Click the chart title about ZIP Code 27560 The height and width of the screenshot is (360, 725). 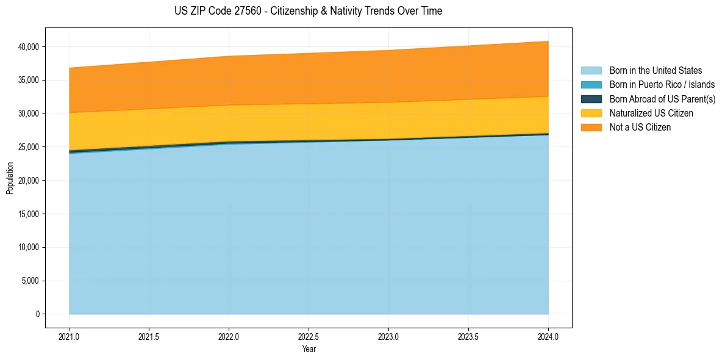(308, 11)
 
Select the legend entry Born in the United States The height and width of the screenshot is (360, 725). (655, 71)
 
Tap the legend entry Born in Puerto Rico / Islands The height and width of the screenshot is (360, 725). (662, 85)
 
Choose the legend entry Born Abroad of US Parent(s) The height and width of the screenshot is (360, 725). (662, 99)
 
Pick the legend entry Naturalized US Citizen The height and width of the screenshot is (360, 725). (651, 113)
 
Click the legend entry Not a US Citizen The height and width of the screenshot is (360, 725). (640, 128)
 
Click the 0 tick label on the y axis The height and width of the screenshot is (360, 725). (37, 314)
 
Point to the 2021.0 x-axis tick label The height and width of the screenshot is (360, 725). (70, 336)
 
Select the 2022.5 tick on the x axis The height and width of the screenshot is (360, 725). (309, 336)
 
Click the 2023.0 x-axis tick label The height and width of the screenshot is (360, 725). (388, 336)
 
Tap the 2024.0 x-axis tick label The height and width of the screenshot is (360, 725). (548, 336)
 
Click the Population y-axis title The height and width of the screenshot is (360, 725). (10, 178)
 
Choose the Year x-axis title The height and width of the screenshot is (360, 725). (309, 350)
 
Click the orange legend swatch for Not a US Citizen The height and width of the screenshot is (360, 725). (591, 128)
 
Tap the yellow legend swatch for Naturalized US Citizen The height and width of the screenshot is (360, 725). (591, 113)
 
